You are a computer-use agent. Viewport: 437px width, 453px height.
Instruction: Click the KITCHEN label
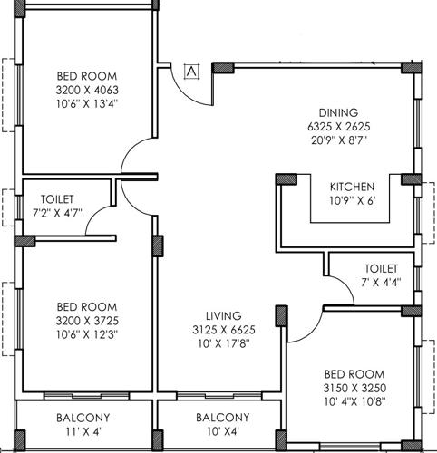tap(352, 186)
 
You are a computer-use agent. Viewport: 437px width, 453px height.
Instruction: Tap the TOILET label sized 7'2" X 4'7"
tap(56, 198)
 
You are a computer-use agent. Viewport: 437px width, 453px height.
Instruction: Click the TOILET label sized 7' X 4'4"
tap(381, 269)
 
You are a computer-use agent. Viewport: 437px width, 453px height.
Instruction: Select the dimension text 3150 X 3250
tap(354, 388)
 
